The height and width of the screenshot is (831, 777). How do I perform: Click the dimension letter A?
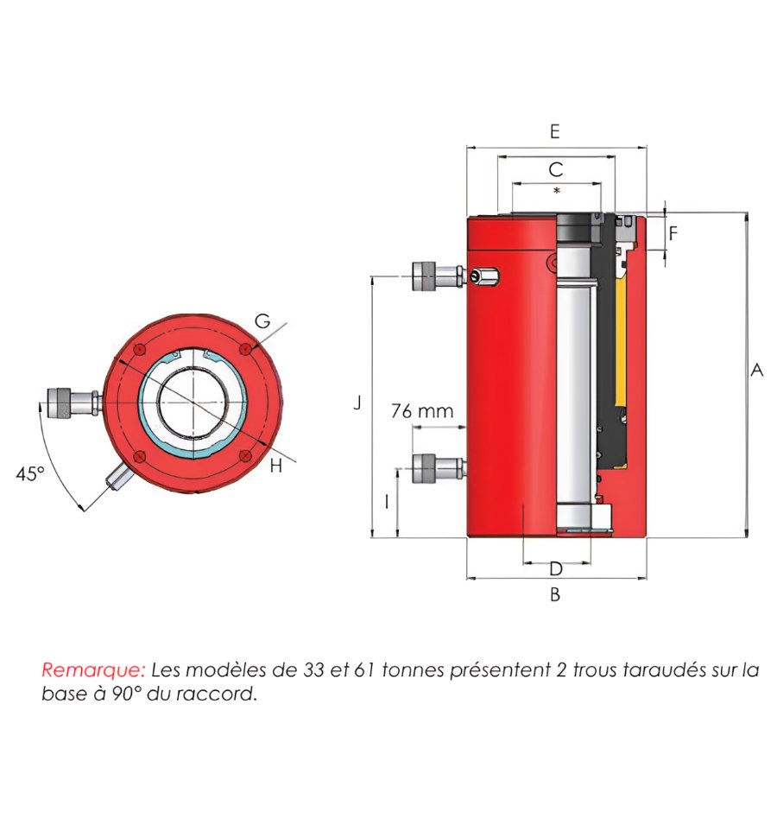(757, 370)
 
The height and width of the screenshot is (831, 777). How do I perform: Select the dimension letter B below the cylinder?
(555, 594)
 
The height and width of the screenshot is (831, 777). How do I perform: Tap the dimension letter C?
(556, 169)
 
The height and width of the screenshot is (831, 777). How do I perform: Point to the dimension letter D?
(556, 568)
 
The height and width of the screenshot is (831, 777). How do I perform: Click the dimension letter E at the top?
(555, 131)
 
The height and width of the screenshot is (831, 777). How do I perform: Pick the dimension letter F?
(673, 233)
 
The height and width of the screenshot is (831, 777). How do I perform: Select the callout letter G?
(262, 320)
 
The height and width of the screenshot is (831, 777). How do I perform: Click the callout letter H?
(276, 466)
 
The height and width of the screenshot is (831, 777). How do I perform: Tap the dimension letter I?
(387, 501)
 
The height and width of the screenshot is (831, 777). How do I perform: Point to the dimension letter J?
(357, 403)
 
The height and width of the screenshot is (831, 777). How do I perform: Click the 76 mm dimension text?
(422, 410)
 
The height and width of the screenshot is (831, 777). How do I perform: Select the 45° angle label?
(30, 473)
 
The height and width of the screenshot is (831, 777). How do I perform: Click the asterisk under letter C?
(556, 190)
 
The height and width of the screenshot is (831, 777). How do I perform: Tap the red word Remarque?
(93, 669)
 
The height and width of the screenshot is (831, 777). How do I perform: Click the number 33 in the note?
(313, 669)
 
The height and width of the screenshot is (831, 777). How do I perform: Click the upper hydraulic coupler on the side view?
(439, 276)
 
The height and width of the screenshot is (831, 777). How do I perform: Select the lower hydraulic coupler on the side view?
(439, 468)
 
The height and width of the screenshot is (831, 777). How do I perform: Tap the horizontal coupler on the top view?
(73, 403)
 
